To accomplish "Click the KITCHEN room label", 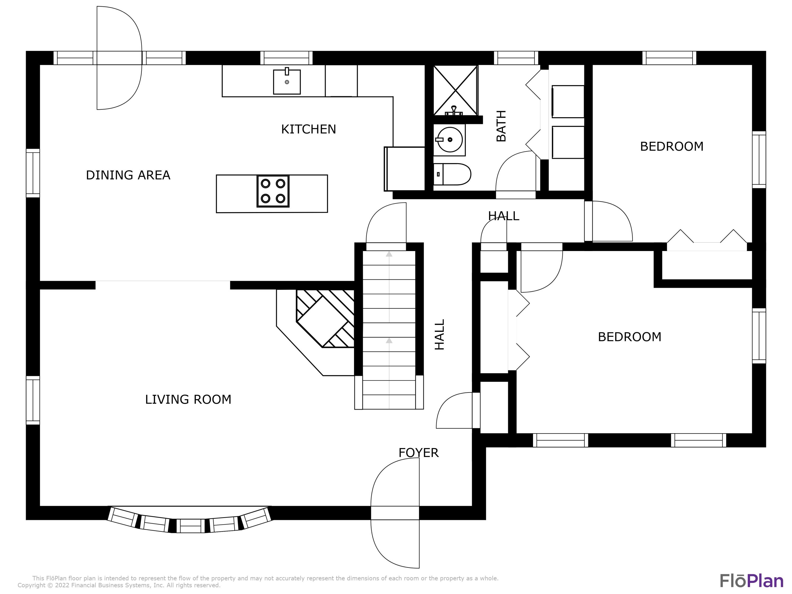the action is (308, 129).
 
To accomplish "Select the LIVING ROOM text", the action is (188, 399).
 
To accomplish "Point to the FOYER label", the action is (418, 452).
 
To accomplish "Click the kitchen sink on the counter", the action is (287, 81).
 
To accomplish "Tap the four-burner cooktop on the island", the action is (273, 191).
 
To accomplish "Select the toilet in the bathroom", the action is (452, 174).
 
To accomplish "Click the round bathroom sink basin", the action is (450, 140).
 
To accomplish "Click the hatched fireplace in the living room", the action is (325, 318).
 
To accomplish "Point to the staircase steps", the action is (389, 330).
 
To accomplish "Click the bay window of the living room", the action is (190, 520).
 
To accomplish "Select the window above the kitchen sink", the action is (286, 58).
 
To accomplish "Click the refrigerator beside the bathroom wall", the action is (405, 169).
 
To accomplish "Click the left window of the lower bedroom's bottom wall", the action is (560, 440).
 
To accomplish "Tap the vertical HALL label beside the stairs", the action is (439, 334).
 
